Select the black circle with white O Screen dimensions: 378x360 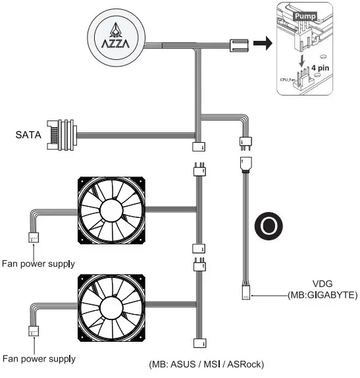(270, 225)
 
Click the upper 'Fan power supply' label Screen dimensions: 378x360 (38, 263)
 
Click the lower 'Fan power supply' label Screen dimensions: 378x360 (38, 359)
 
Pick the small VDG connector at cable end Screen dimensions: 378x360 (245, 295)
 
